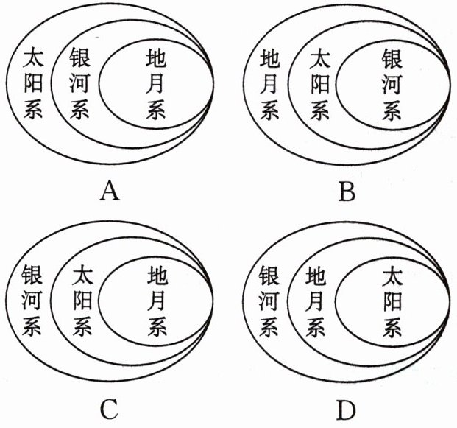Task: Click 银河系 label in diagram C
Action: click(x=33, y=301)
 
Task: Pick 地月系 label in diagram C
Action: click(x=157, y=301)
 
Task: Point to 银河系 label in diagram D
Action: click(x=270, y=301)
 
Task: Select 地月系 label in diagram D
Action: click(x=316, y=301)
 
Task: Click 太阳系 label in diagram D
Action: click(x=392, y=301)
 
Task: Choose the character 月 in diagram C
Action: click(x=157, y=301)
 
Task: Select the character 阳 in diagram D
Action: click(x=392, y=301)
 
